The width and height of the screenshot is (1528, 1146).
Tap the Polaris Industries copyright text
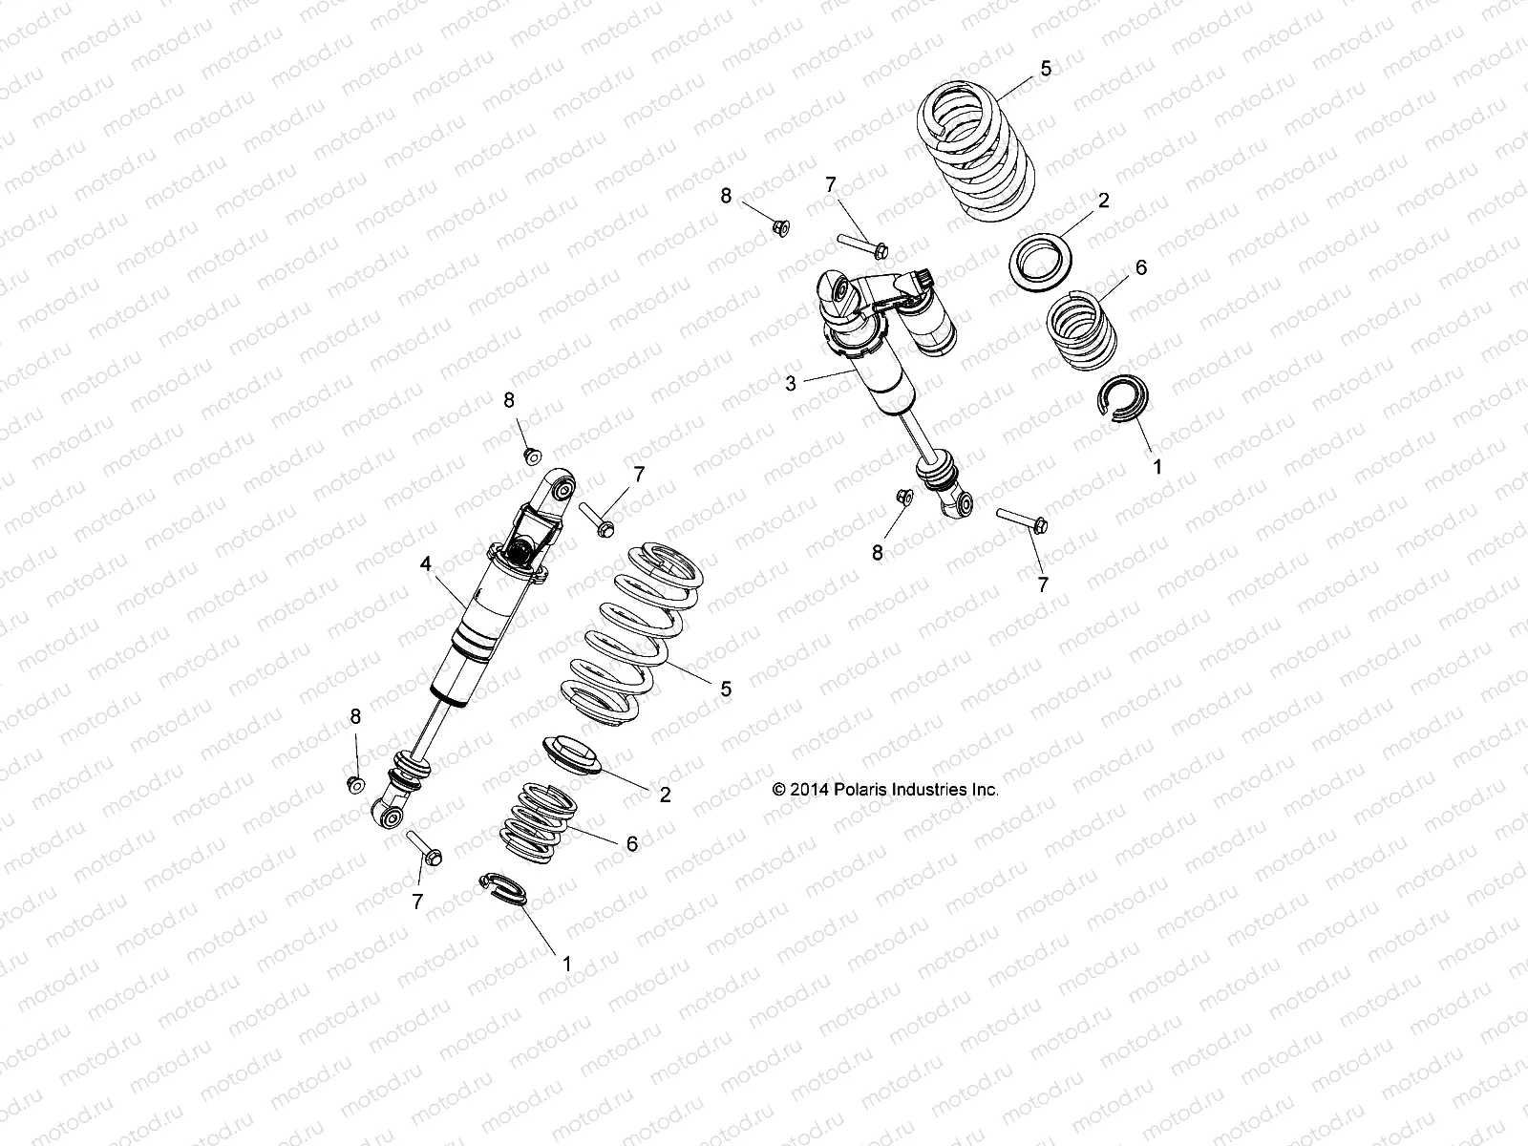pos(885,790)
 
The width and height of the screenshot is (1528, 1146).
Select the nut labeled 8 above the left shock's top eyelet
pos(532,452)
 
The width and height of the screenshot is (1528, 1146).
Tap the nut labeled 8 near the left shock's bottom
pos(354,783)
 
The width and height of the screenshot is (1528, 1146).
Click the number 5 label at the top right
pos(1047,68)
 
